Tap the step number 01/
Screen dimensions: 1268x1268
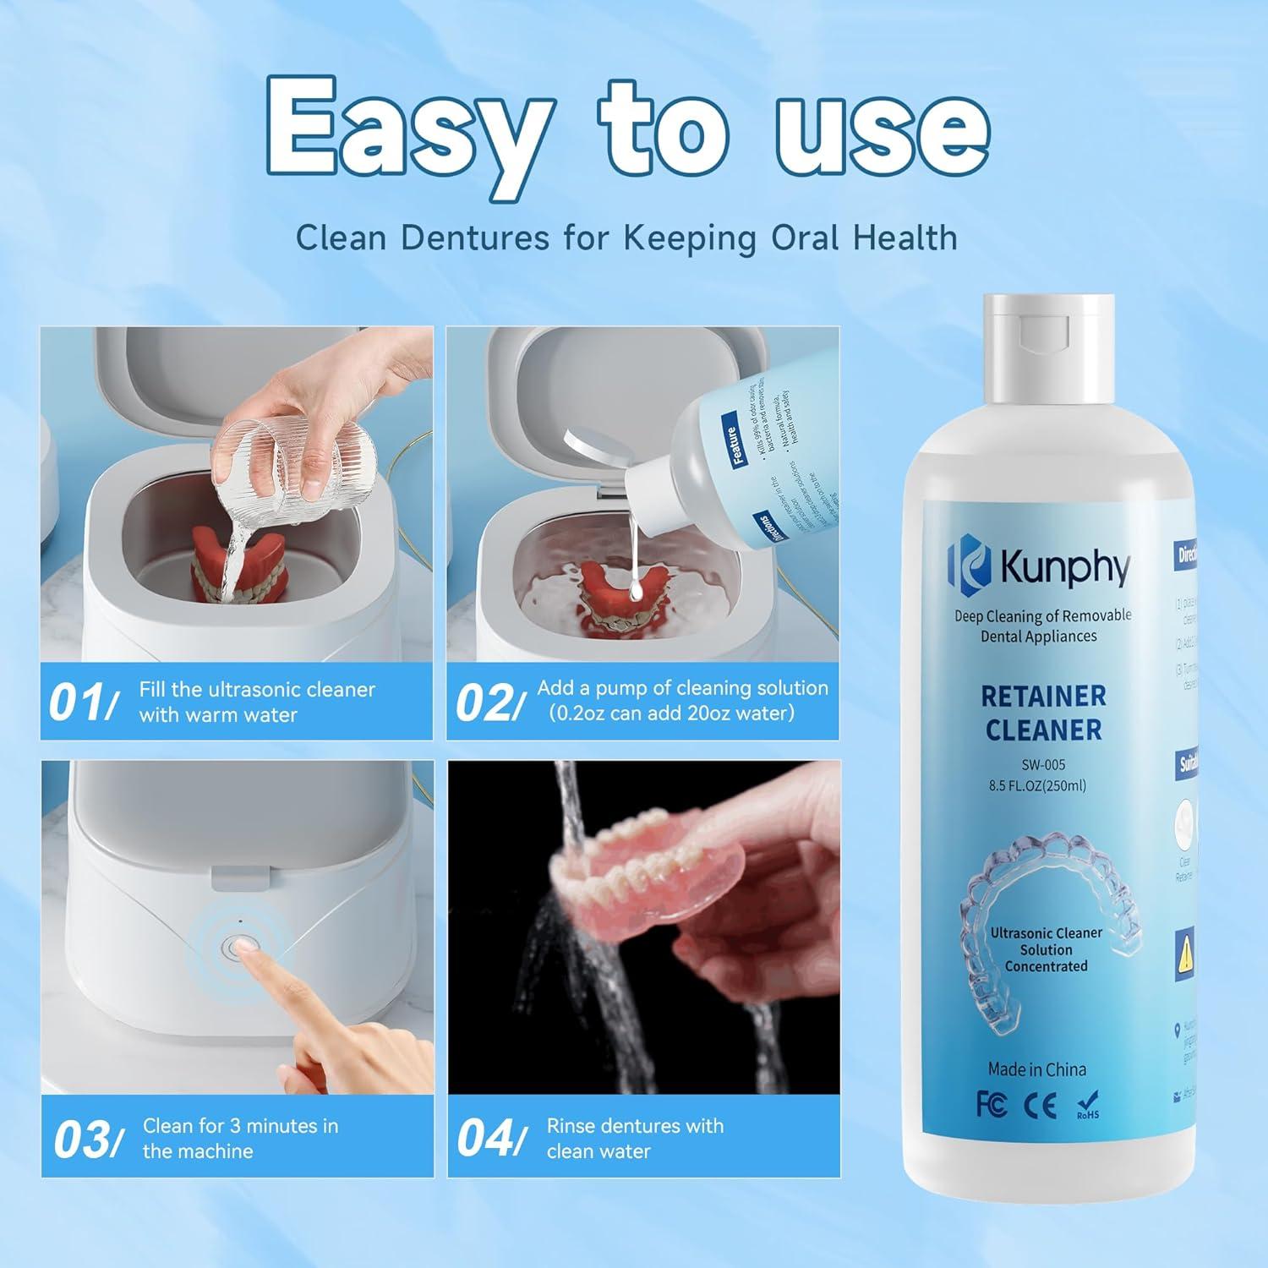pos(83,703)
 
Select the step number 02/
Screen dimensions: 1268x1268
pos(484,703)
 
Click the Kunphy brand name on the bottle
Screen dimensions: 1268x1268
pos(1064,568)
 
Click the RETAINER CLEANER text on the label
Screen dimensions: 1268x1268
pos(1043,713)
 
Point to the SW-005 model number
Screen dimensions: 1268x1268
pos(1043,764)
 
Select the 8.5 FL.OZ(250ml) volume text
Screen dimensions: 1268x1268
pos(1043,785)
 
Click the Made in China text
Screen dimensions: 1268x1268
pos(1037,1069)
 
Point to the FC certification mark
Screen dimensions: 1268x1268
pos(991,1106)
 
